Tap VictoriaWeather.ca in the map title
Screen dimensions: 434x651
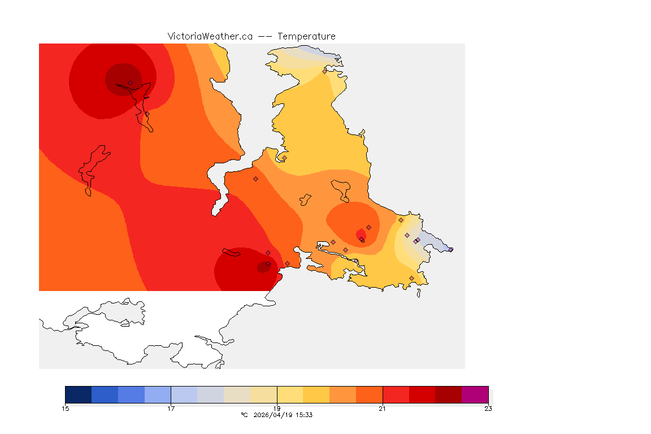(210, 36)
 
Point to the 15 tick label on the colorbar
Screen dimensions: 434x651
(66, 409)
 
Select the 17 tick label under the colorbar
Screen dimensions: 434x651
(171, 409)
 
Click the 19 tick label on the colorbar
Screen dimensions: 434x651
(277, 409)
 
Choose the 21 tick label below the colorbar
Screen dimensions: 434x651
(383, 409)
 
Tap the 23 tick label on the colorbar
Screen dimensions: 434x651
(488, 409)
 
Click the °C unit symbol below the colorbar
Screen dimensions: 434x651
(244, 415)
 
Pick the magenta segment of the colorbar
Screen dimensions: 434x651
(475, 394)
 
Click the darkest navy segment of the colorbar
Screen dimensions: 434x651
(79, 394)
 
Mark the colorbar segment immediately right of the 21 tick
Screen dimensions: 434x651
(396, 394)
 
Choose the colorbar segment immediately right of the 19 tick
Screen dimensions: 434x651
(290, 394)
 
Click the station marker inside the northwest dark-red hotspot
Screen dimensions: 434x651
(130, 83)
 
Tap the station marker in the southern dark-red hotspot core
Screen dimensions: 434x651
(268, 264)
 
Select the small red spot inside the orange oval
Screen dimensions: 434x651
(361, 233)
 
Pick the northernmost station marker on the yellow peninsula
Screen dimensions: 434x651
(324, 71)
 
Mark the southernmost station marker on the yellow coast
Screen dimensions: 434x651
(411, 278)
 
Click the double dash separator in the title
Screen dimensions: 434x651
(265, 36)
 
